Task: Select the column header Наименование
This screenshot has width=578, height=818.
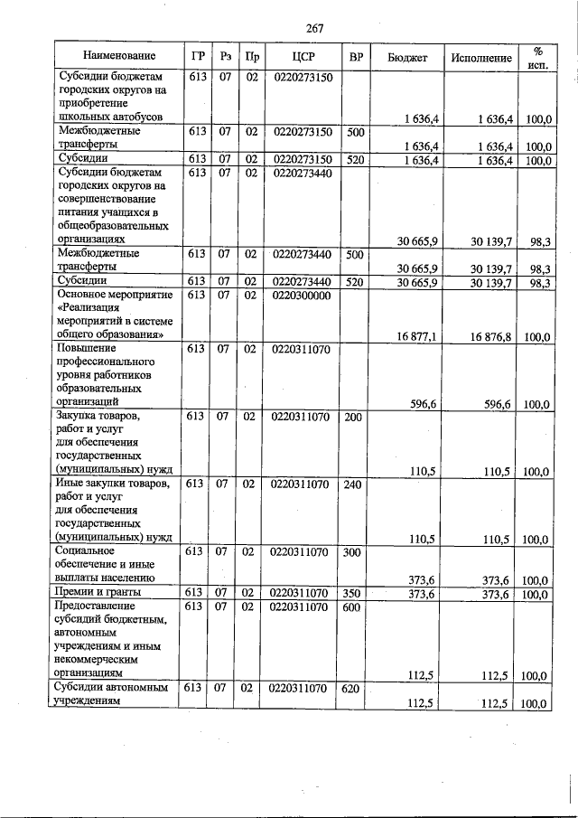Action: coord(115,57)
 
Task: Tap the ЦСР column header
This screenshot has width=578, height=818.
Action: coord(302,57)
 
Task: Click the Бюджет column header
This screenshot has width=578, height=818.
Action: coord(407,57)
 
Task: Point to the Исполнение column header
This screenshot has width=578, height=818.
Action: coord(480,57)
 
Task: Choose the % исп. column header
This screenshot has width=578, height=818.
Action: coord(537,57)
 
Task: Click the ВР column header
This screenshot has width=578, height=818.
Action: coord(356,57)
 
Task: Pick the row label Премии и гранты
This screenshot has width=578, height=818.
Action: coord(97,592)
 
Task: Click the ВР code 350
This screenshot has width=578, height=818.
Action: coord(354,592)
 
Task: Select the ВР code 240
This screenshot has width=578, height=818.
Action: coord(354,484)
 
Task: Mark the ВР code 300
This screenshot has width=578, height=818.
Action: coord(354,550)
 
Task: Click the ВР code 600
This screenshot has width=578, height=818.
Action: coord(354,606)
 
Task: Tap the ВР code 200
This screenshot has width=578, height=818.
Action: coord(354,417)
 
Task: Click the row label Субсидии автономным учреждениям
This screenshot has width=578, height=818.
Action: coord(112,696)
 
